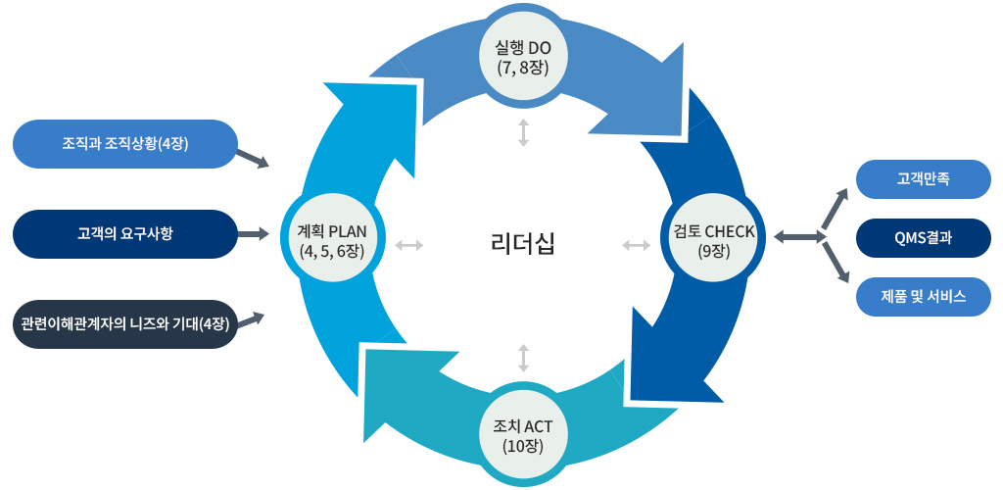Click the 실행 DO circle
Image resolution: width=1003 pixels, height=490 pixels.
coord(524,56)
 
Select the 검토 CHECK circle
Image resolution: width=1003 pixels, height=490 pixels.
coord(712,238)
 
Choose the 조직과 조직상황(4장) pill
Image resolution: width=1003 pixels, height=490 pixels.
coord(125,143)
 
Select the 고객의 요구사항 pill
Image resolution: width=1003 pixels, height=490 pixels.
coord(125,233)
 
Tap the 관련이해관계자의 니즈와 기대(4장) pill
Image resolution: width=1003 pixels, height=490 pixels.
coord(125,323)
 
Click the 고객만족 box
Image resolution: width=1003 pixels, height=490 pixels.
coord(923,178)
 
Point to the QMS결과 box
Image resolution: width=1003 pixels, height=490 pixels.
coord(923,237)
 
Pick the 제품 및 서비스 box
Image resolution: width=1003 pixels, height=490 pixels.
coord(923,296)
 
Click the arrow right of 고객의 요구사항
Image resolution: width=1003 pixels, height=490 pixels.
coord(254,233)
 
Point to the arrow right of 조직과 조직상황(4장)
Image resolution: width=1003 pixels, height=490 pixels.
coord(253,159)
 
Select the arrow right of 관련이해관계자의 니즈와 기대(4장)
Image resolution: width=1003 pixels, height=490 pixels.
coord(252,318)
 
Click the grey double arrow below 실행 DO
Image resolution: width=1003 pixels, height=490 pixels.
coord(523,132)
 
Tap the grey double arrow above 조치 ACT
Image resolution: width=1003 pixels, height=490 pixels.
coord(523,358)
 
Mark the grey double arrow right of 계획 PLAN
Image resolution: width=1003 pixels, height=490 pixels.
coord(409,244)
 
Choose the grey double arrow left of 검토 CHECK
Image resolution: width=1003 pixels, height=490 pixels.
coord(637,244)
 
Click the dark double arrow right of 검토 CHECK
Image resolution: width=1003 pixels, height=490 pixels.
coord(797,237)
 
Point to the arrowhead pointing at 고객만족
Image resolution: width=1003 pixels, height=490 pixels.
coord(842,192)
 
